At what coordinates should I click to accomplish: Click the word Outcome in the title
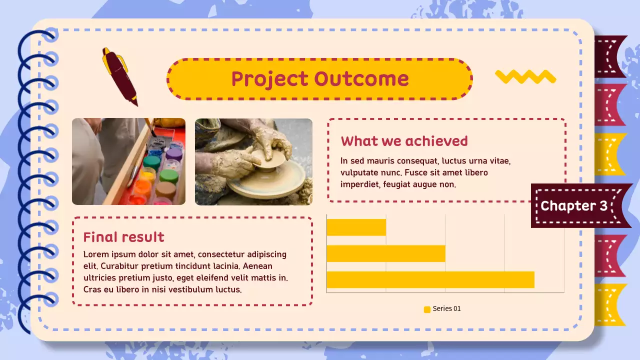pos(361,79)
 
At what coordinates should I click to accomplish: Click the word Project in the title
pos(269,79)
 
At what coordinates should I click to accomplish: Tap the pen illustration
pos(119,76)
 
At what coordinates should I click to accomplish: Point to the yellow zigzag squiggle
pos(525,76)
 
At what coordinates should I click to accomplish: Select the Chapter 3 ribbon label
pos(574,205)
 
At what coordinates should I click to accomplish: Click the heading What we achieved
pos(404,141)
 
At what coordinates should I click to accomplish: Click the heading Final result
pos(123,236)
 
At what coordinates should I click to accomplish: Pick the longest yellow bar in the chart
pos(430,280)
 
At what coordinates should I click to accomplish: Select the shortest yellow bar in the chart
pos(356,227)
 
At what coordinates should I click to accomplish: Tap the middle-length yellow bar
pos(385,253)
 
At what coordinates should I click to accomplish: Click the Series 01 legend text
pos(446,308)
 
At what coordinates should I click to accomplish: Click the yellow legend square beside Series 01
pos(427,309)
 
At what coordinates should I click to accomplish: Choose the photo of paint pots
pos(128,161)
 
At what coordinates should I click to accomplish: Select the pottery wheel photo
pos(253,161)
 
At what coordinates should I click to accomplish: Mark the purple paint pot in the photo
pos(173,153)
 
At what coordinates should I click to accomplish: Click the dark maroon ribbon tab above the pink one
pos(609,56)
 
